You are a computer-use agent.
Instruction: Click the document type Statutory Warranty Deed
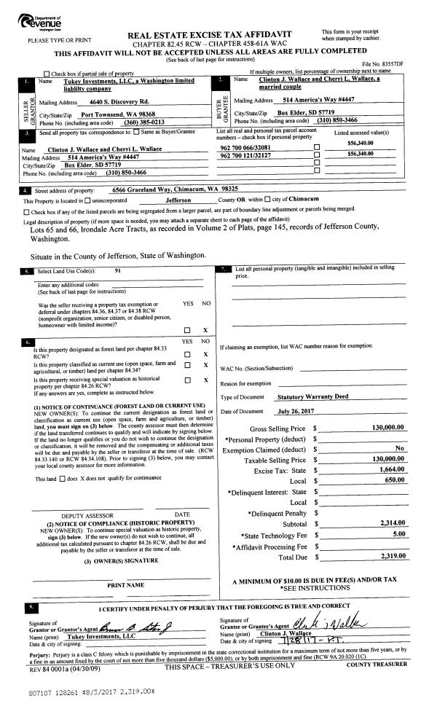tap(313, 397)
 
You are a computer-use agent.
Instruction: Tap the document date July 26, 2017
tap(294, 412)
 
